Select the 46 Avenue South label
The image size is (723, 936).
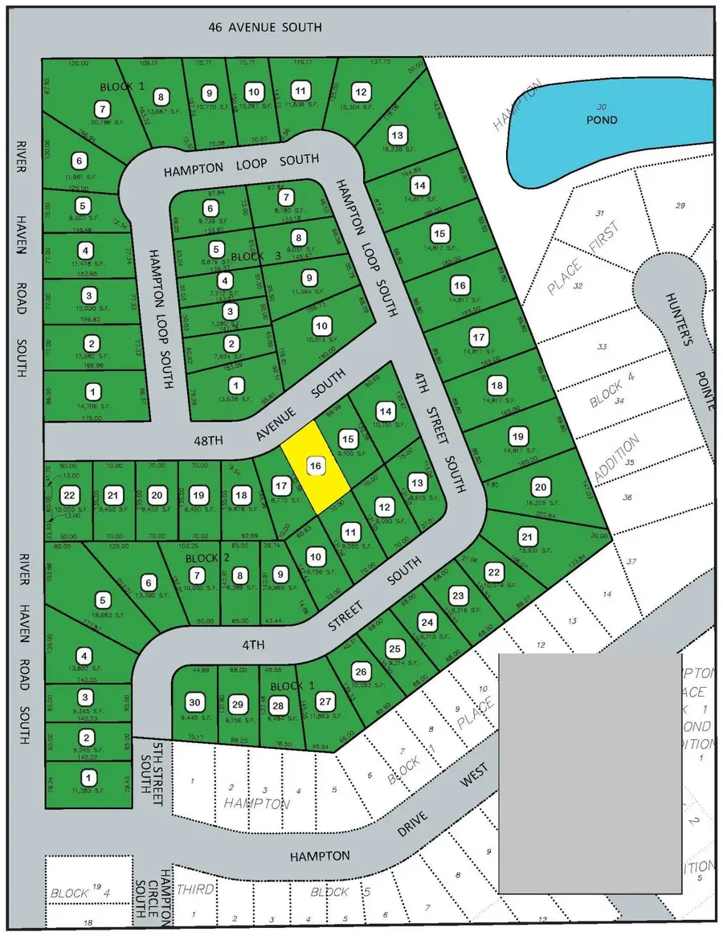264,27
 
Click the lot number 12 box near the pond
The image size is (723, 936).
361,91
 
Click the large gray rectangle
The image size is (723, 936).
590,772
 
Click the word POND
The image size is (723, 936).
602,120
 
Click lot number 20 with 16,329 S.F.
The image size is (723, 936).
541,488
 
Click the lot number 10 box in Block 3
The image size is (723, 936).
322,326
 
